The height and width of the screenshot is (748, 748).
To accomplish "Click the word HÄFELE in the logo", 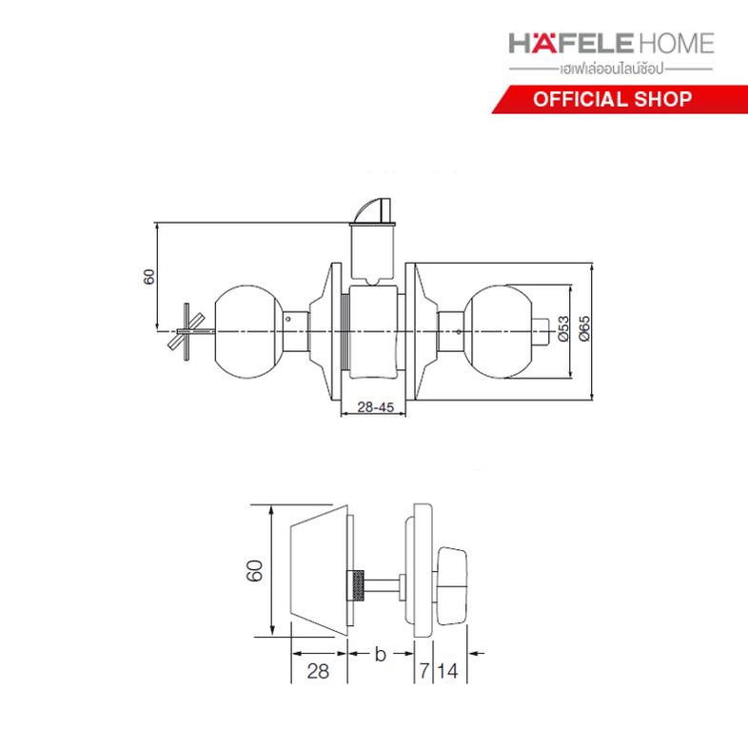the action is (571, 43).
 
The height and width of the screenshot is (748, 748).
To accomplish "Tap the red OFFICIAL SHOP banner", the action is (620, 99).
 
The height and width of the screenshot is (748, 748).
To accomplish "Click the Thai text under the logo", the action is (612, 69).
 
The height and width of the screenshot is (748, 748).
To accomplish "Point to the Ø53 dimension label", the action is (563, 328).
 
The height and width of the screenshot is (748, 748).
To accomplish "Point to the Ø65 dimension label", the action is (584, 328).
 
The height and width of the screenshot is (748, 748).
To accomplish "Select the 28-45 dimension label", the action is (376, 407).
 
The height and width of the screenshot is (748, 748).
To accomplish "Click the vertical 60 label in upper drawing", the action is (149, 277).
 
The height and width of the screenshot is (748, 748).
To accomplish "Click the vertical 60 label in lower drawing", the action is (255, 571).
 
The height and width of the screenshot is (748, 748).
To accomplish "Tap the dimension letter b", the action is (381, 655).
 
